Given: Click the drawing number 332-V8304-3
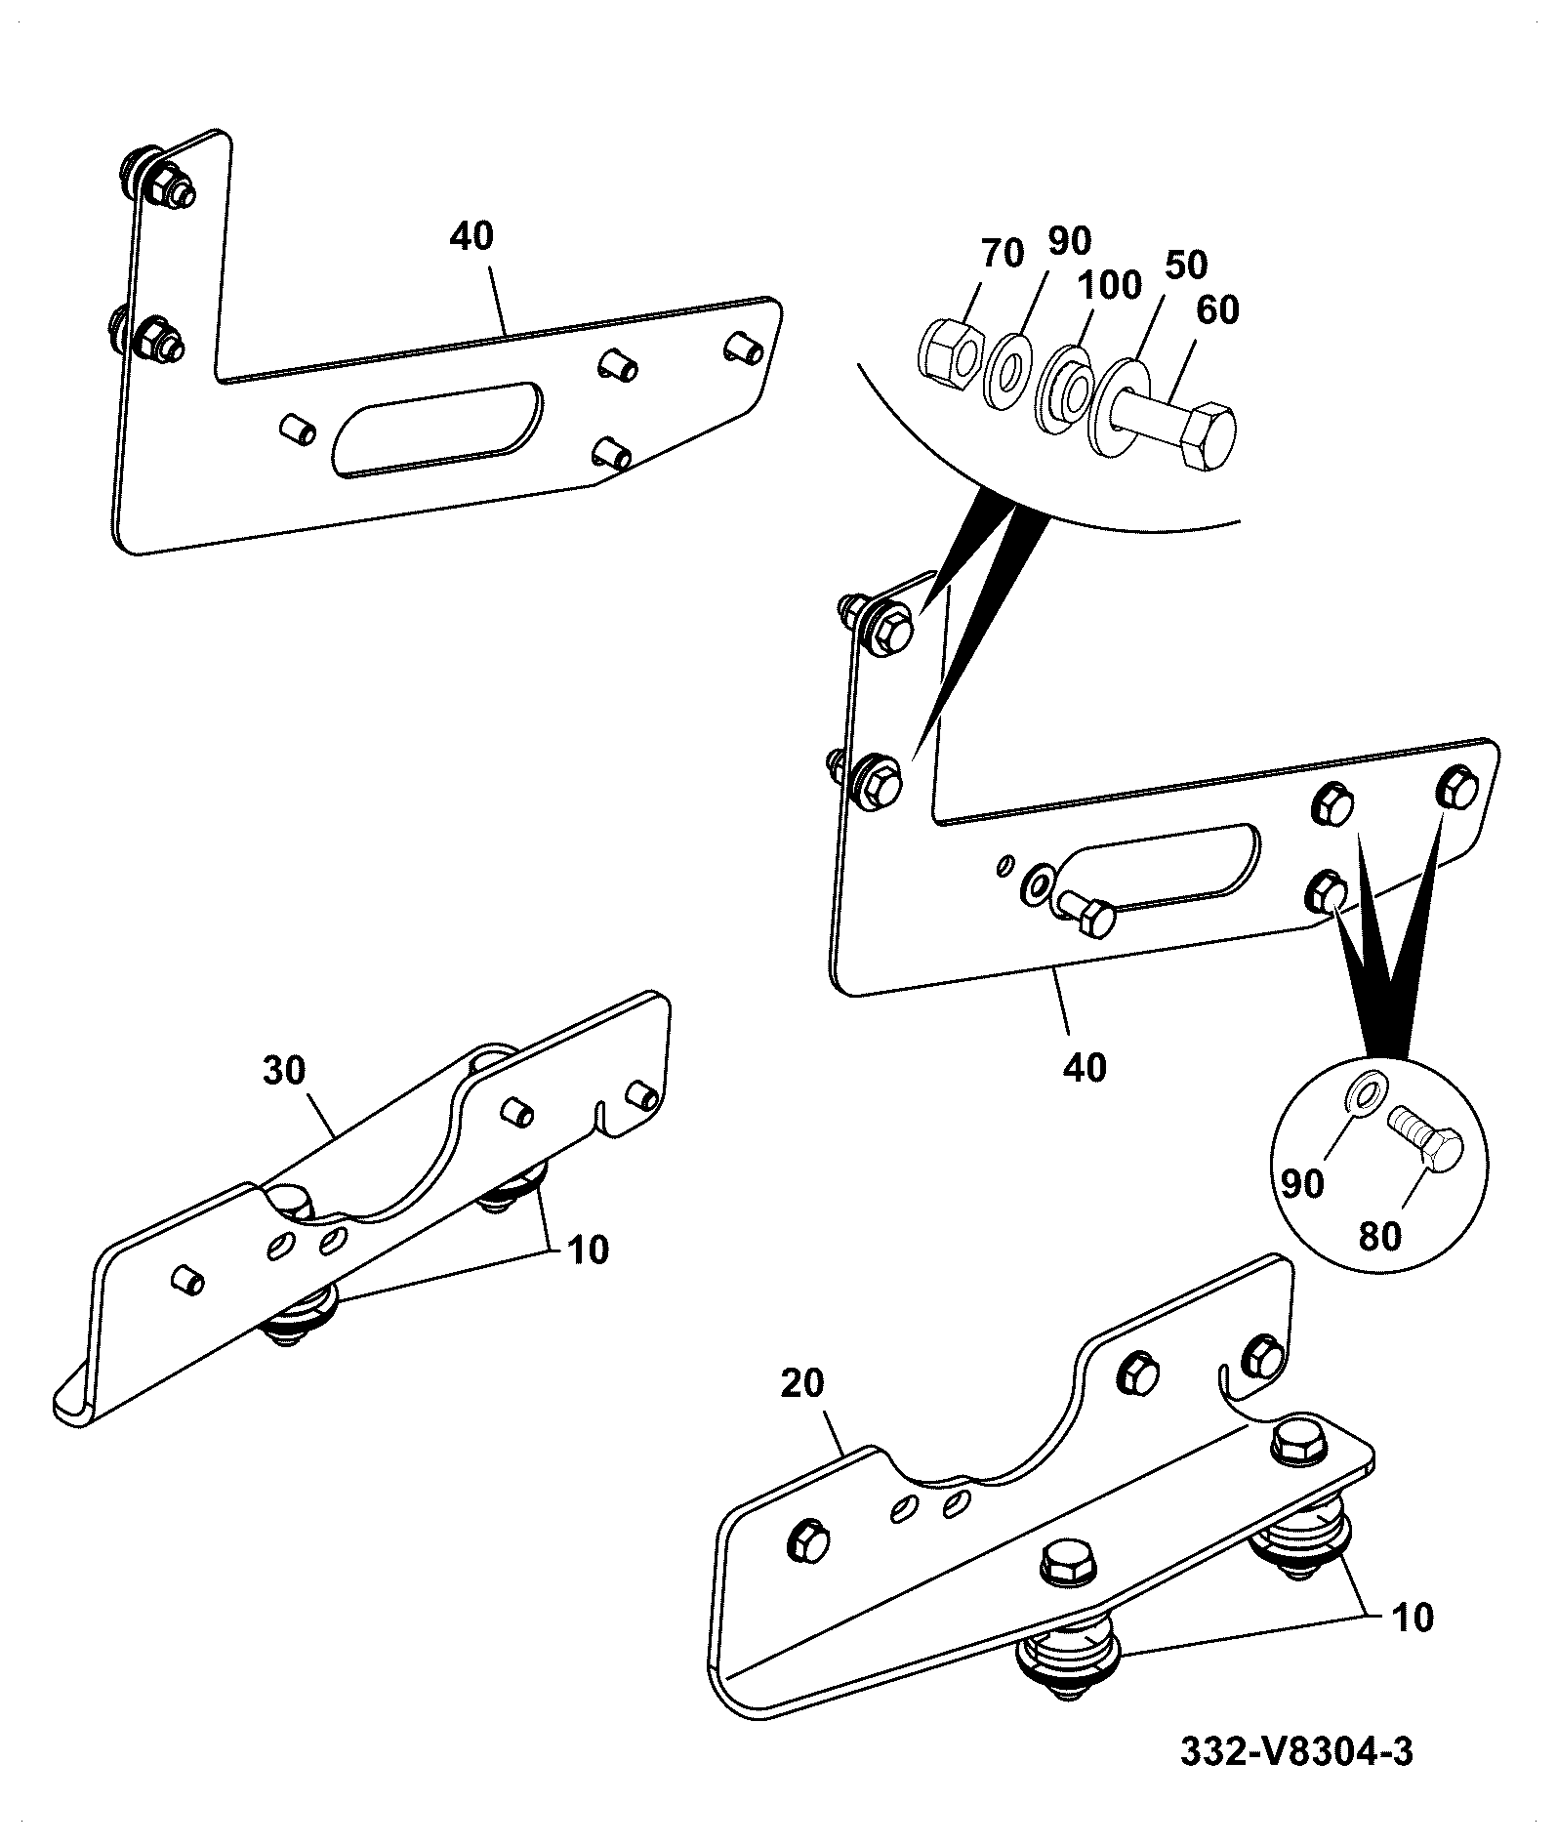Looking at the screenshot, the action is pyautogui.click(x=1296, y=1751).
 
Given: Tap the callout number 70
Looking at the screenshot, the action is pyautogui.click(x=1002, y=254).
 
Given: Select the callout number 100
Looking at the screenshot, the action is pyautogui.click(x=1109, y=286).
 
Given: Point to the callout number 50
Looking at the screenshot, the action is pyautogui.click(x=1184, y=264).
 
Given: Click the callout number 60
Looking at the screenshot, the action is pyautogui.click(x=1216, y=310).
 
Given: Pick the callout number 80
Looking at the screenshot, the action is pyautogui.click(x=1379, y=1237).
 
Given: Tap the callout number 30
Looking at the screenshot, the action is pyautogui.click(x=284, y=1072).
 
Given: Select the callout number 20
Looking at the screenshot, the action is pyautogui.click(x=802, y=1383).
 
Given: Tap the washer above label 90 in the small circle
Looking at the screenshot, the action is pyautogui.click(x=1365, y=1091).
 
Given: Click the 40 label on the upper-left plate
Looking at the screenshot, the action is pyautogui.click(x=472, y=236).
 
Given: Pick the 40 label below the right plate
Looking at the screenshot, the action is pyautogui.click(x=1085, y=1067).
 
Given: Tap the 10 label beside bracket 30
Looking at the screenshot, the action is pyautogui.click(x=586, y=1250).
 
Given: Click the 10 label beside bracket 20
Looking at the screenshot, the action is pyautogui.click(x=1412, y=1617).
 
